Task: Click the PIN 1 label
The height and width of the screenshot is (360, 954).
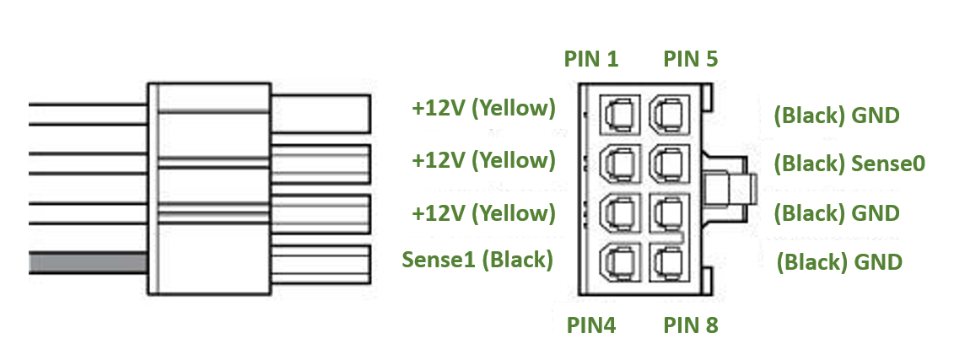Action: coord(590,59)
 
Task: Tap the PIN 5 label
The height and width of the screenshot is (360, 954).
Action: coord(690,59)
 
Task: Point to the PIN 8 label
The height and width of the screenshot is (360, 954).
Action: coord(690,325)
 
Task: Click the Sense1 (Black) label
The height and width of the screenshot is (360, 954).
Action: coord(477,260)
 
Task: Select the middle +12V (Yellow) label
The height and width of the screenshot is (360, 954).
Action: coord(483,160)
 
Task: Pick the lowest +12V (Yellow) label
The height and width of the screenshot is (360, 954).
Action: coord(483,212)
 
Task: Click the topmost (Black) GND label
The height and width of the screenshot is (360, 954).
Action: coord(837,115)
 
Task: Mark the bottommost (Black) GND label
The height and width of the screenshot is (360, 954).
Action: coord(839,261)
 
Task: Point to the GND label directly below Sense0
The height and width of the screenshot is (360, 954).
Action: coord(837,212)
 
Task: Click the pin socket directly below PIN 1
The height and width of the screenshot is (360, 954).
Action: coord(617,113)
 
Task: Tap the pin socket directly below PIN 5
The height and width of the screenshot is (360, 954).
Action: coord(666,113)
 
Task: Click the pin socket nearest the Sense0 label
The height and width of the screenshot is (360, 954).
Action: coord(666,162)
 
